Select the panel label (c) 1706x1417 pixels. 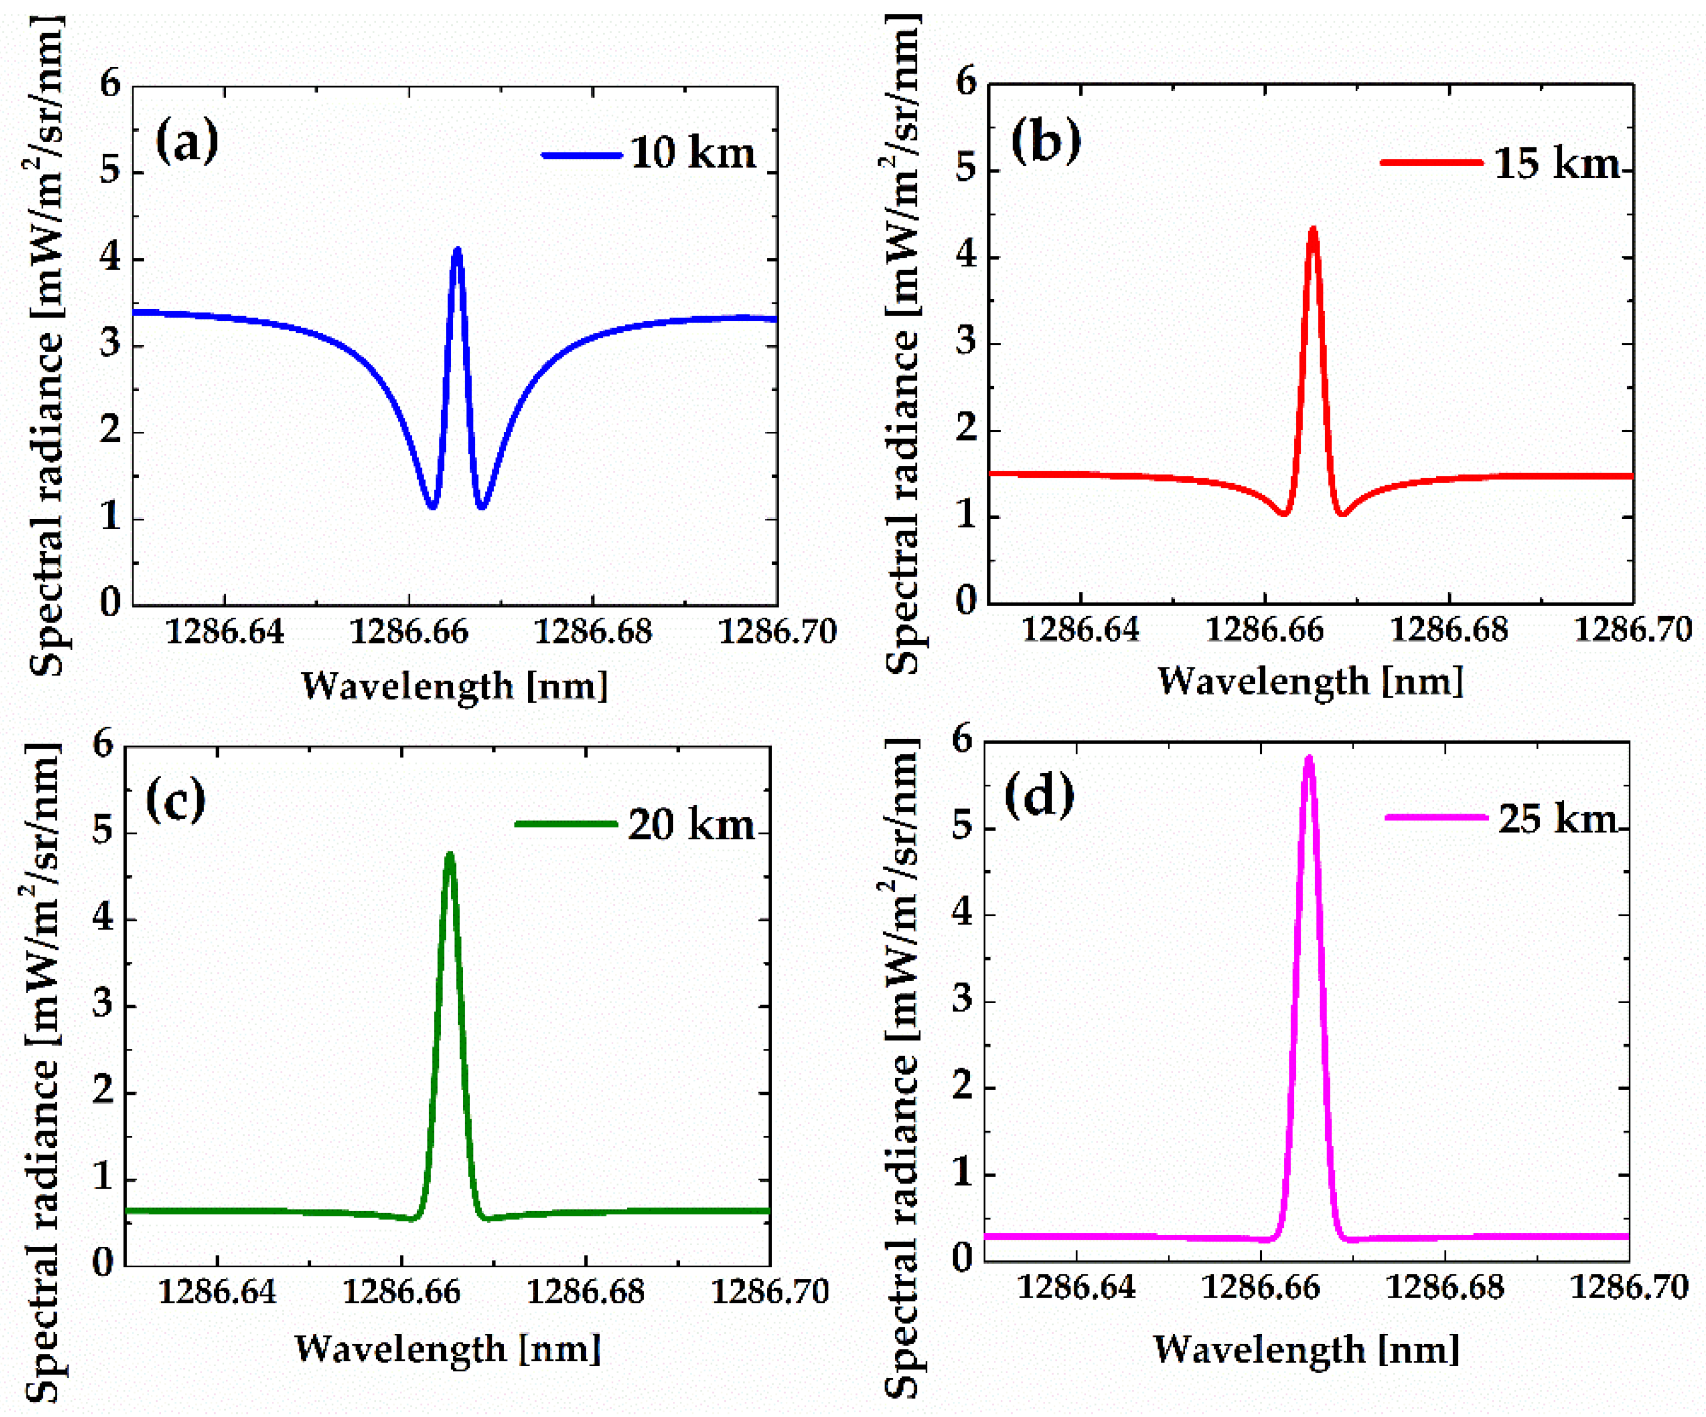coord(176,800)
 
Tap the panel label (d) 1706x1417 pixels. coord(1039,796)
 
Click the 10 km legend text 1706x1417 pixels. coord(692,153)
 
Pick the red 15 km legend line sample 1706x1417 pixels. coord(1430,163)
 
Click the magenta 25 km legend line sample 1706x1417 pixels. coord(1435,817)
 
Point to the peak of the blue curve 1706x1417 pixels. coord(457,250)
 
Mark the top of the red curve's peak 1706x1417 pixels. coord(1313,230)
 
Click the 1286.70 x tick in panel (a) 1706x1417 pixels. coord(778,631)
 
